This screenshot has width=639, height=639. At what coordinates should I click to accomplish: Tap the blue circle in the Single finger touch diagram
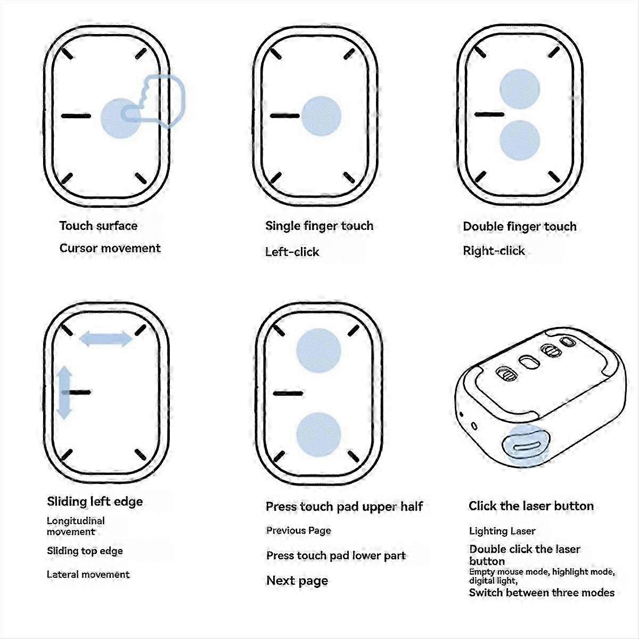coord(321,116)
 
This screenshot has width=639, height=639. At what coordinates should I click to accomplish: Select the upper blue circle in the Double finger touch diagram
coord(520,89)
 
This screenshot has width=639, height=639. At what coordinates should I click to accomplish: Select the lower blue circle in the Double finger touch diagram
coord(520,140)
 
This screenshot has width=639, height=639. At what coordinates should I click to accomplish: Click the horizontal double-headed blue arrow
coord(106,339)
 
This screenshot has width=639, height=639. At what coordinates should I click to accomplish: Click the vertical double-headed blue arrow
coord(64,392)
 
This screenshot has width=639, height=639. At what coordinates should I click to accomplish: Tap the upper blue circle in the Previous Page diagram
coord(318,350)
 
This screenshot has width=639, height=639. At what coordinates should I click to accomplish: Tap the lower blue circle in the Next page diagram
coord(318,435)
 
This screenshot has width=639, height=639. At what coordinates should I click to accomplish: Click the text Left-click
coord(292,252)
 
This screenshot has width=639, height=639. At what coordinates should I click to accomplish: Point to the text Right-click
coord(494,251)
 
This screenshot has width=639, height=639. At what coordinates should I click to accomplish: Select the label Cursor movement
coord(110,248)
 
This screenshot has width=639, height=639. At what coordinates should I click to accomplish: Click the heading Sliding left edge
coord(95,502)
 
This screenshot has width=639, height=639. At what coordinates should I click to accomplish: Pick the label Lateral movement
coord(88,575)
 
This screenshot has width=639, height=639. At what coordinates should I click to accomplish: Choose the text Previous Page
coord(298,530)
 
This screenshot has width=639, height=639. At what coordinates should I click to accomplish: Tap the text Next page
coord(297,580)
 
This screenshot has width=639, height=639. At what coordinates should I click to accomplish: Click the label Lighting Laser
coord(502,531)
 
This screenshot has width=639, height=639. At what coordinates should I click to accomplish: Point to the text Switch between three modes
coord(542,592)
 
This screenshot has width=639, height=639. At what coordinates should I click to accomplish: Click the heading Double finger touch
coord(520,226)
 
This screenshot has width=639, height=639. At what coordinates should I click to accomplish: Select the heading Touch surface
coord(98,226)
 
